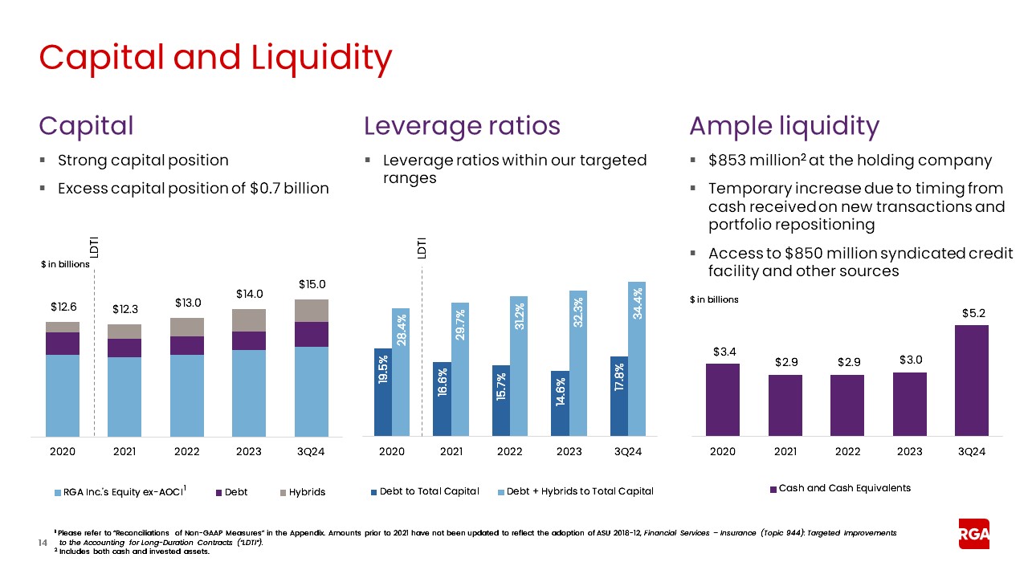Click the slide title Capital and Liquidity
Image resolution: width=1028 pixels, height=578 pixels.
(x=215, y=57)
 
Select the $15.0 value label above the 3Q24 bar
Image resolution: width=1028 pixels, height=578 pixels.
(x=312, y=284)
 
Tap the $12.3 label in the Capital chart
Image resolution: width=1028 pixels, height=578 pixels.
(x=124, y=309)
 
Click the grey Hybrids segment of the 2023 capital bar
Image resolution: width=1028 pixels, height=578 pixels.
(x=249, y=320)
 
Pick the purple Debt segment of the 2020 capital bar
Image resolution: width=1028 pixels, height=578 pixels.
(x=63, y=344)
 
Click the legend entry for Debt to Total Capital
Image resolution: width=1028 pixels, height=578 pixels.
(x=424, y=491)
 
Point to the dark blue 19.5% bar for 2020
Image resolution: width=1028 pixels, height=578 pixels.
(x=383, y=393)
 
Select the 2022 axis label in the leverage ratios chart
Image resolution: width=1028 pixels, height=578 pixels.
(x=510, y=451)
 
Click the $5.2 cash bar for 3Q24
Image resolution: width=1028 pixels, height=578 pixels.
(x=972, y=381)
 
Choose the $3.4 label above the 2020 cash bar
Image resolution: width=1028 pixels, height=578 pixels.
(x=722, y=352)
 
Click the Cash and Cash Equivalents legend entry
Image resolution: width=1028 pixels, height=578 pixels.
(x=840, y=488)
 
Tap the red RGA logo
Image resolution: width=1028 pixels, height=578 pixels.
(x=973, y=534)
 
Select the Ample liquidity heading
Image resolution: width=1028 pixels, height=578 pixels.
(x=784, y=126)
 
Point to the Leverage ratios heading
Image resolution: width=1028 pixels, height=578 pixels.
(x=462, y=126)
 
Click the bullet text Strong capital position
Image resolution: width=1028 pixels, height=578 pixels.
(x=143, y=160)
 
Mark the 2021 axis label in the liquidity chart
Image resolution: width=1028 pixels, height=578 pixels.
(x=785, y=451)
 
